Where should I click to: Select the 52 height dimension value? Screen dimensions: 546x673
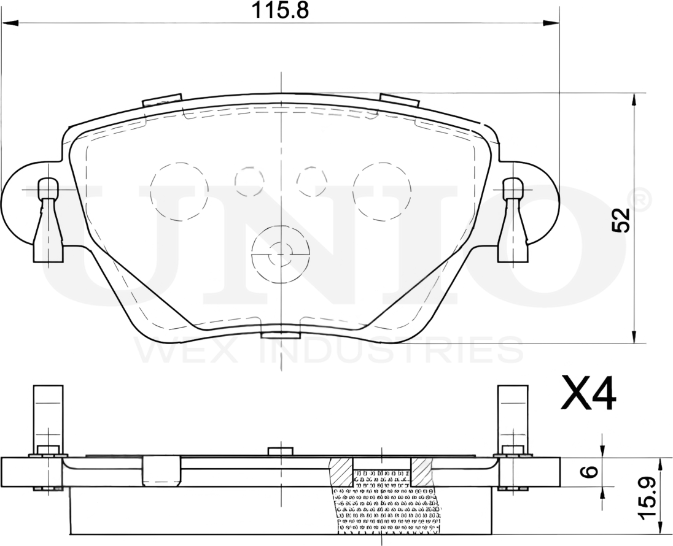click(x=621, y=220)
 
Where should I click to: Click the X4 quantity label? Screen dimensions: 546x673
click(x=588, y=394)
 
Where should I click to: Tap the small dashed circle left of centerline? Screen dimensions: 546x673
click(x=250, y=180)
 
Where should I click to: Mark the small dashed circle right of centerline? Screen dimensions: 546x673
click(x=311, y=180)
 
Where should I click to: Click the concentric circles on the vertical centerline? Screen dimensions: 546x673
click(x=281, y=250)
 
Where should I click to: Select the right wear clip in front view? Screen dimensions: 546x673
click(x=513, y=221)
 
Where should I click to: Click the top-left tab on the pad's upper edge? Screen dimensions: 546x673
click(x=162, y=99)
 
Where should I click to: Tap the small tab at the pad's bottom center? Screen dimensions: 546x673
click(x=281, y=334)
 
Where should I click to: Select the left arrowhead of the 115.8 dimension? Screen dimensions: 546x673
click(x=12, y=23)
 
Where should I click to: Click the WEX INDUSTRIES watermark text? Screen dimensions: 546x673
click(x=329, y=351)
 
